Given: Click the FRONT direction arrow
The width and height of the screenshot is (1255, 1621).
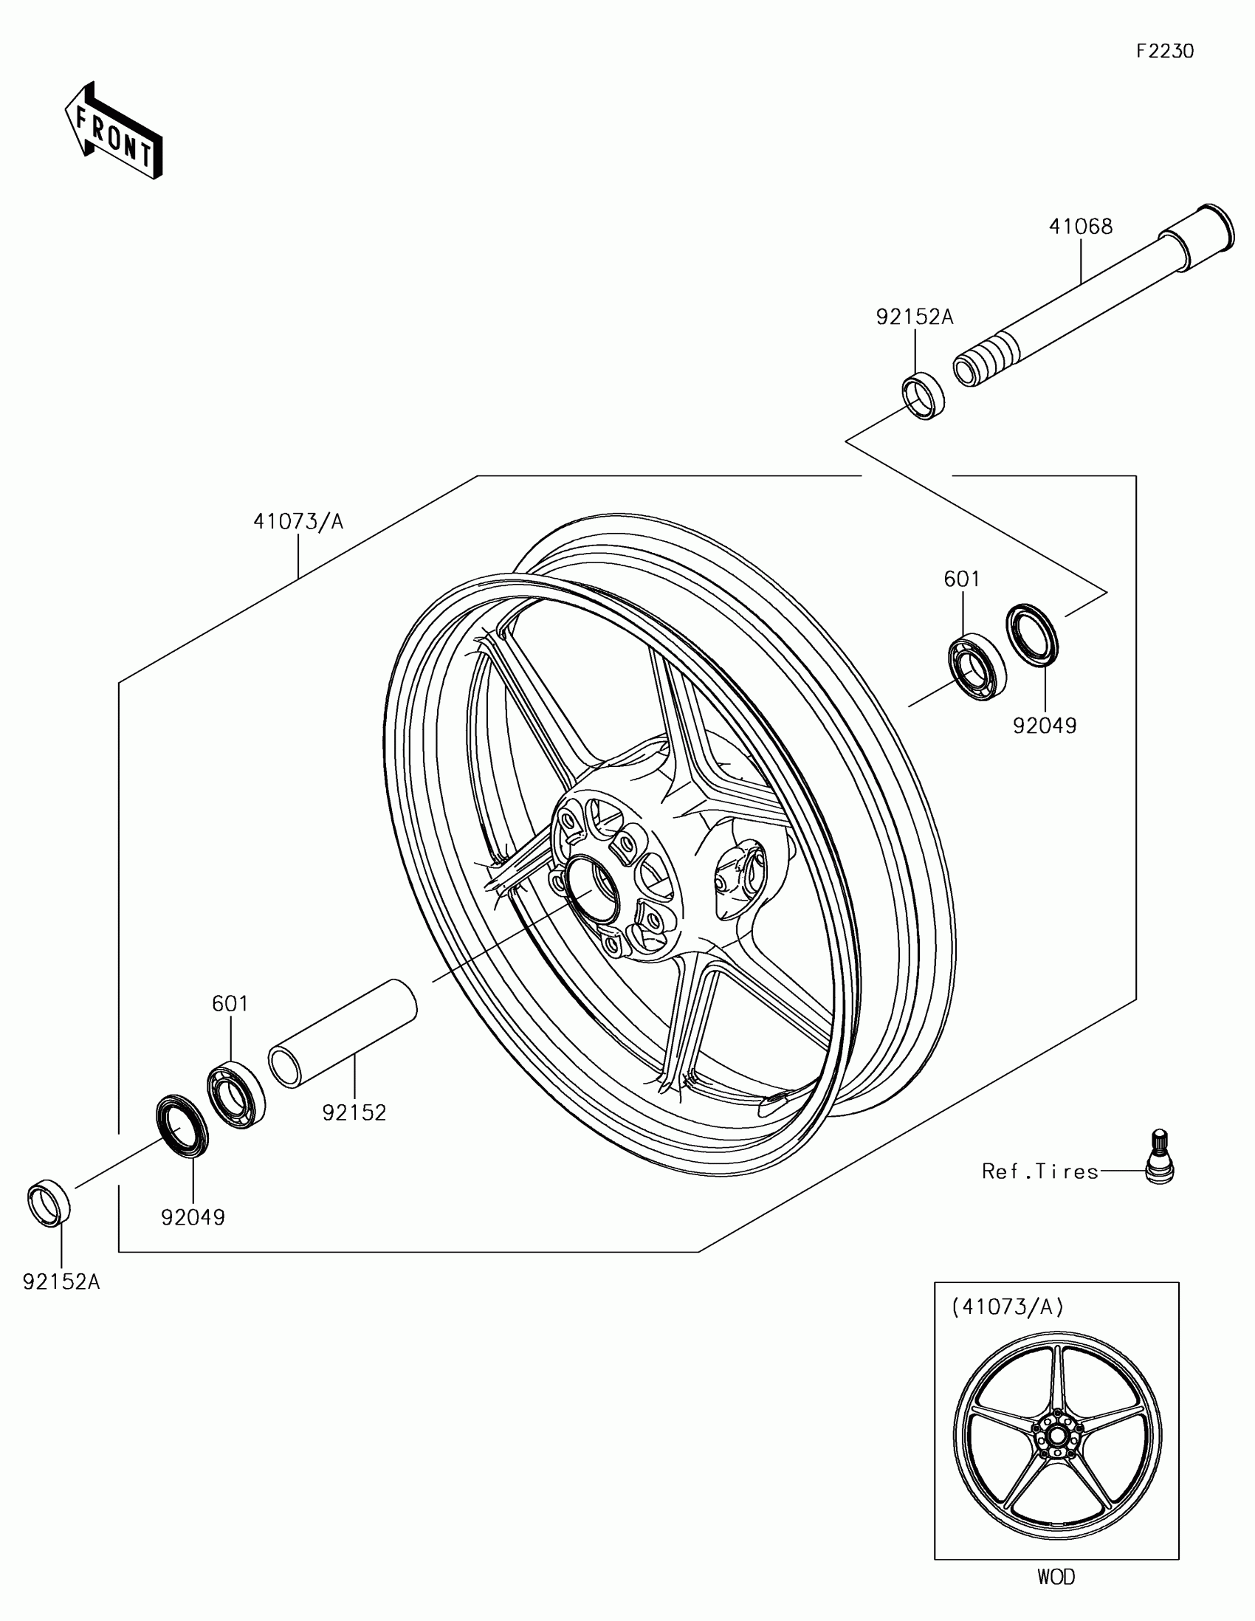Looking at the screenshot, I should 114,132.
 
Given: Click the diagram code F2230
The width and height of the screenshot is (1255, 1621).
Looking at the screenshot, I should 1165,51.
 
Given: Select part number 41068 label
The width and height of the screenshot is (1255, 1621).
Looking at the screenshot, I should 1081,227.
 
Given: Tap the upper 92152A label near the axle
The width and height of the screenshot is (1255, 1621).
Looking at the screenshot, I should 915,317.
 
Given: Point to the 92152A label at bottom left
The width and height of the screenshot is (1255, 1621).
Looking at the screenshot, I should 61,1281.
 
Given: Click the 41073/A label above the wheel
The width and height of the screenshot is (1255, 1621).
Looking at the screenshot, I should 298,522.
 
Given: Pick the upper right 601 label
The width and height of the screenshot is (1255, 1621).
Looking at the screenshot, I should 962,579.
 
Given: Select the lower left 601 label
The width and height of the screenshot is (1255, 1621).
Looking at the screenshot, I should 230,1003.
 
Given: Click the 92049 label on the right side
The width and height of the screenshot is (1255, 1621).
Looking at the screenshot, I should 1045,726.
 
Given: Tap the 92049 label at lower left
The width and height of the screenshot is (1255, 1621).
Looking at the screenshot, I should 193,1217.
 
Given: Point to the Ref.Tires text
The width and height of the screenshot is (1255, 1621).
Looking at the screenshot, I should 1039,1171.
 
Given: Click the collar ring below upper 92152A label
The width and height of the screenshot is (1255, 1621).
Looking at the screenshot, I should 924,397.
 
